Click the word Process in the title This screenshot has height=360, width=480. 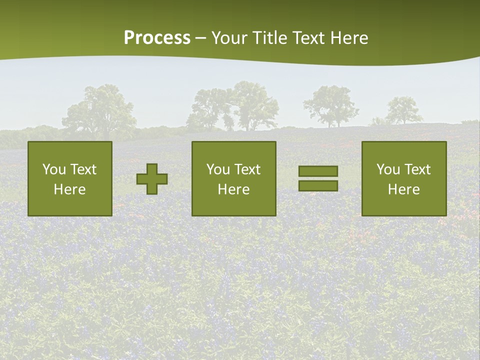[157, 38]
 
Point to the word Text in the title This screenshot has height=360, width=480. [308, 38]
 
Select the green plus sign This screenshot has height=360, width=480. [152, 179]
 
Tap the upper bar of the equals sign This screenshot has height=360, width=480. [318, 171]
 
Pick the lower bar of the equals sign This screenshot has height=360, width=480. [318, 186]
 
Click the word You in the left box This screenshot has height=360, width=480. [54, 169]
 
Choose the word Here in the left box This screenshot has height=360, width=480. [69, 189]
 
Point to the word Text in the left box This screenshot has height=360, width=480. [83, 169]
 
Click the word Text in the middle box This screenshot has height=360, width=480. [247, 169]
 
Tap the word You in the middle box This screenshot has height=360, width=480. [218, 169]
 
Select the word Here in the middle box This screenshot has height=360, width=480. [233, 189]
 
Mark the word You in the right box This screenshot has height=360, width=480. [388, 169]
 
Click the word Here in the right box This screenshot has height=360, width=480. [403, 189]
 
